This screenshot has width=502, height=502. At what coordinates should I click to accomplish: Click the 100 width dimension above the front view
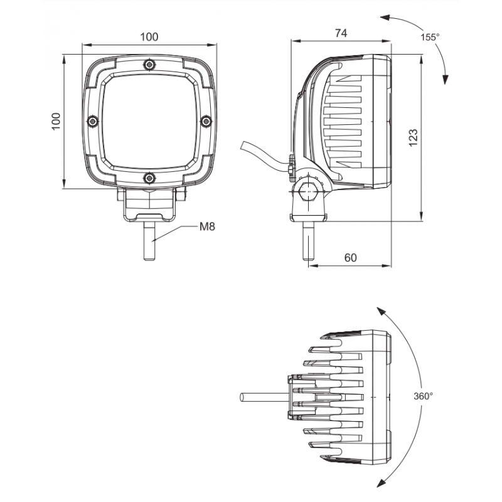click(149, 36)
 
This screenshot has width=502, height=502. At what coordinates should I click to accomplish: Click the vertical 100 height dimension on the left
click(56, 121)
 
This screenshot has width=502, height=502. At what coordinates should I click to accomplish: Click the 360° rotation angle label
click(424, 397)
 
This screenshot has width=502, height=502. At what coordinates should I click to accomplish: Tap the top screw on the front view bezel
click(149, 64)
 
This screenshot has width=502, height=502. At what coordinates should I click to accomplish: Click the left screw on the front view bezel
click(92, 120)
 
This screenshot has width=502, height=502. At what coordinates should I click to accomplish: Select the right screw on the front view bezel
click(205, 120)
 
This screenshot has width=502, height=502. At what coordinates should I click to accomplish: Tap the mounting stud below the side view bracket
click(308, 242)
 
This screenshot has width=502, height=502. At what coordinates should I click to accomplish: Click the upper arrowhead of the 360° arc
click(378, 310)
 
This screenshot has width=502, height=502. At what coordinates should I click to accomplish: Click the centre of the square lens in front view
click(149, 120)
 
